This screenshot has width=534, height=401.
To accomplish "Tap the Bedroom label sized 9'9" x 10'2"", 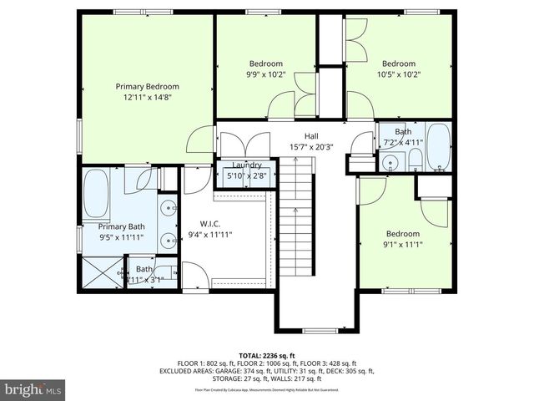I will tap(266, 63).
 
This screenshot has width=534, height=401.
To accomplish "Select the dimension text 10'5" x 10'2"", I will tap(399, 74).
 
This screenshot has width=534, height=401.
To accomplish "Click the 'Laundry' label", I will tap(247, 165).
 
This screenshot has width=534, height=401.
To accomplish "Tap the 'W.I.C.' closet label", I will tap(209, 223).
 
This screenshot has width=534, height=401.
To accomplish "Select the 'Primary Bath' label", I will tap(122, 226).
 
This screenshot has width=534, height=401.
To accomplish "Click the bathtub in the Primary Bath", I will tap(98, 191).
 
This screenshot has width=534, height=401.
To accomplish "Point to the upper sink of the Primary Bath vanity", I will tap(170, 207).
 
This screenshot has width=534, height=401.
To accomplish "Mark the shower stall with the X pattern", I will tap(101, 272).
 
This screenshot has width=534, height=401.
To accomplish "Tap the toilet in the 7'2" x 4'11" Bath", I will tap(414, 163).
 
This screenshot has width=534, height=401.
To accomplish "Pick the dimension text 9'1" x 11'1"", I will tap(402, 245).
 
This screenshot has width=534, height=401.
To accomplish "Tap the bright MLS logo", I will tap(33, 389).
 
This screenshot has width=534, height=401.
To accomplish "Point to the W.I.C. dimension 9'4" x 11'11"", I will tap(209, 235).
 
